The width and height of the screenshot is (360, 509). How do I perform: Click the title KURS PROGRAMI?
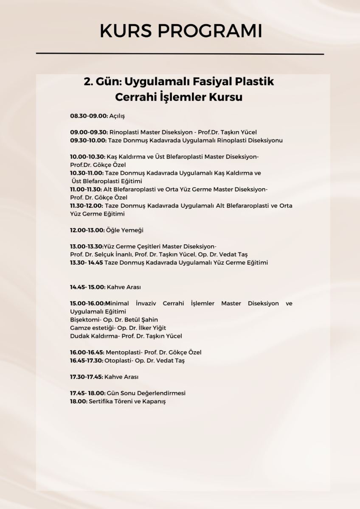coord(180,31)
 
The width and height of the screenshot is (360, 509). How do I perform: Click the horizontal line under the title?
coord(180,54)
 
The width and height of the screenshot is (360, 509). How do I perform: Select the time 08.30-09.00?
coord(89,116)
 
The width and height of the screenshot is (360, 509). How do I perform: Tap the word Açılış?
coord(117,116)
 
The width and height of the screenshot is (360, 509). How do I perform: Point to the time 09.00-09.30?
coord(89,132)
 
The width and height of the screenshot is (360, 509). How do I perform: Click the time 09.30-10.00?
coord(89,140)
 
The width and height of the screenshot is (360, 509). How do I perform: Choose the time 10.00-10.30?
coord(88,157)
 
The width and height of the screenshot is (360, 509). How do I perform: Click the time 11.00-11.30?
coord(86,190)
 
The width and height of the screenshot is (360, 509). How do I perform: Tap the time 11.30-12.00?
coord(86,206)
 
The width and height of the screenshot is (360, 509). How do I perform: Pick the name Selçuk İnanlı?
coord(114,255)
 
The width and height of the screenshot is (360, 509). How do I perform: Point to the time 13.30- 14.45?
coord(87,263)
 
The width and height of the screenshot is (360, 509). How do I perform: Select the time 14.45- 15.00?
coord(87,287)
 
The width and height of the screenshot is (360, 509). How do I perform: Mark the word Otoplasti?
coord(118,361)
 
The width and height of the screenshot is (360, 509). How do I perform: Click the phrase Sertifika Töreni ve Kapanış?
coord(127,401)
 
